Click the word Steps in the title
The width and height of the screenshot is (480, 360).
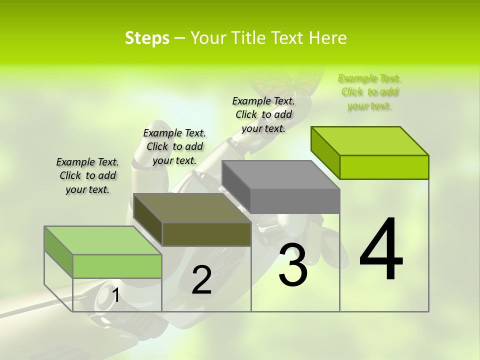[147, 38]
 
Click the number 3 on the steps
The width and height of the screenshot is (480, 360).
[292, 265]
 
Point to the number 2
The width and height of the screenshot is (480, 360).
[201, 280]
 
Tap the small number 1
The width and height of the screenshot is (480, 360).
[115, 295]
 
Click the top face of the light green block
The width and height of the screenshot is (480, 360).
[102, 240]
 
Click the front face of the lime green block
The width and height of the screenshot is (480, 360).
[384, 167]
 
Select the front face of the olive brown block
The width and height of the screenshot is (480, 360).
[206, 234]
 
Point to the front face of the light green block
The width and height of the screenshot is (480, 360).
[117, 266]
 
